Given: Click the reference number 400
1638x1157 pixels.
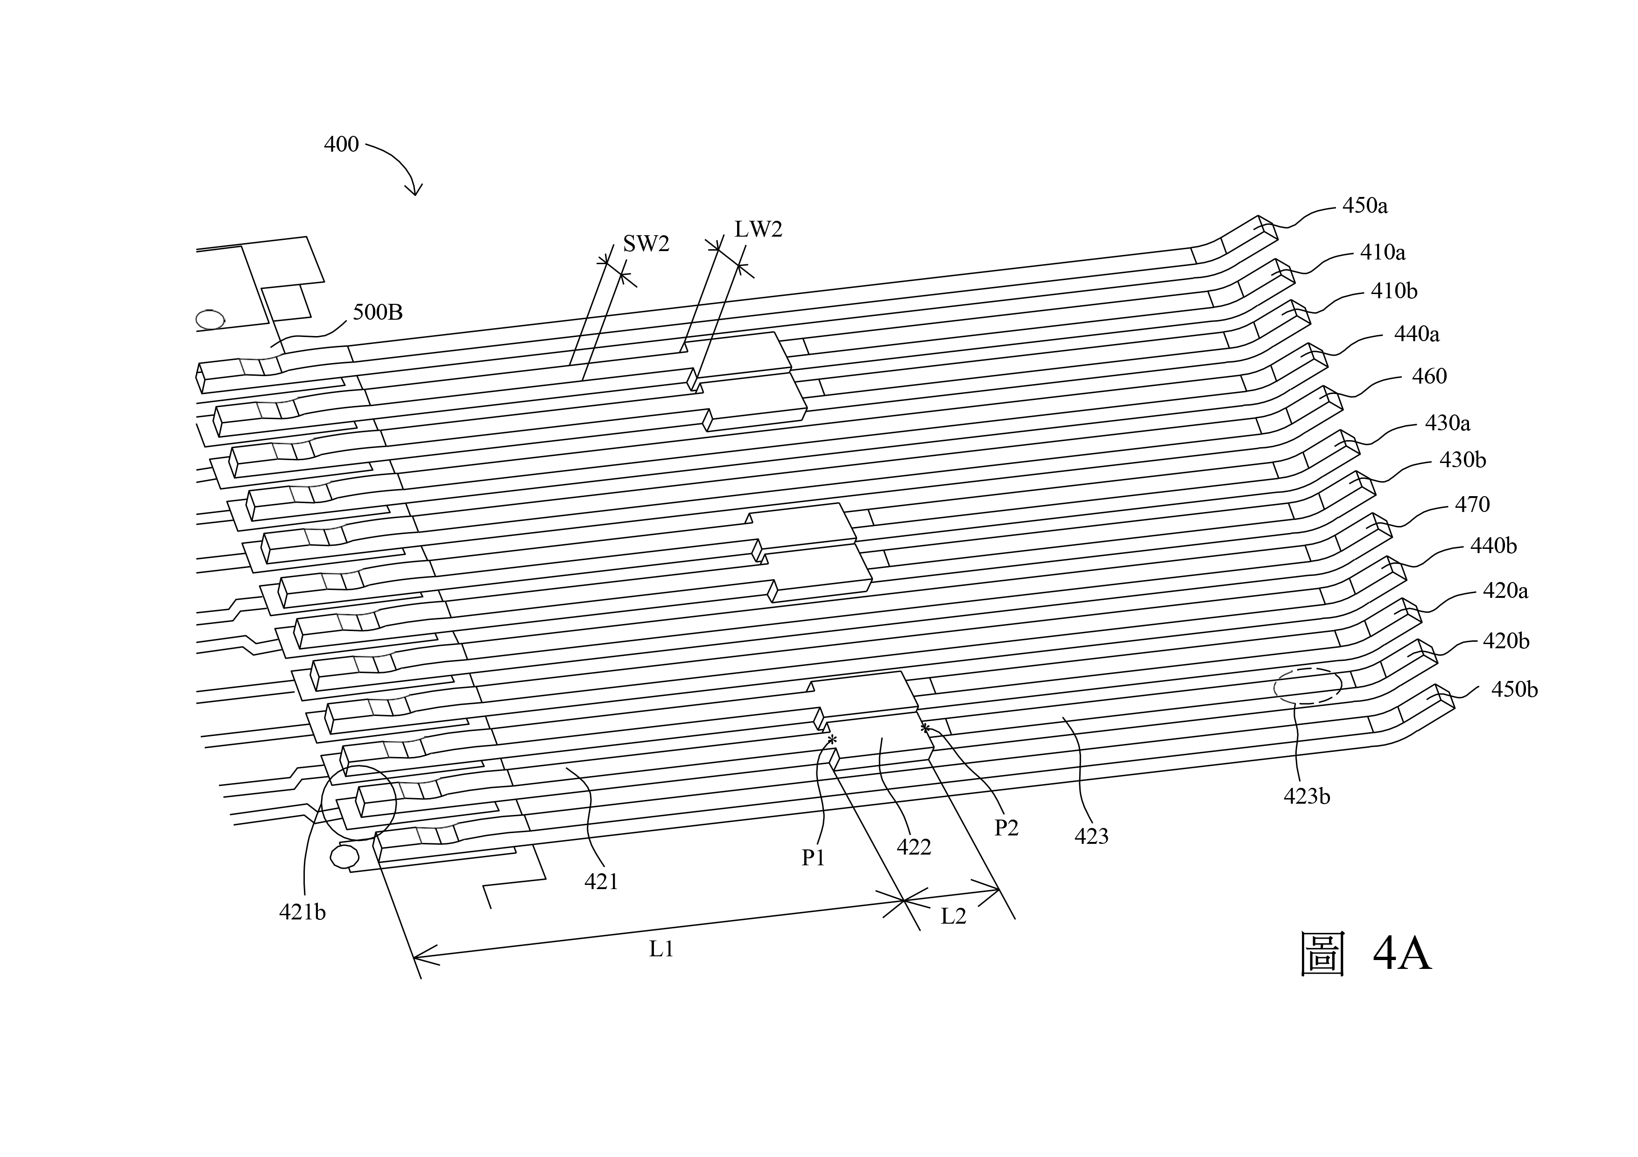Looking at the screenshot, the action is (x=341, y=145).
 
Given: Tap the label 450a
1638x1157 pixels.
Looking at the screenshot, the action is (x=1365, y=206).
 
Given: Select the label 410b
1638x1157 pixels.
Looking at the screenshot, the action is (x=1394, y=291).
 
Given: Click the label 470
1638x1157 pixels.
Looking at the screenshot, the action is (x=1472, y=505).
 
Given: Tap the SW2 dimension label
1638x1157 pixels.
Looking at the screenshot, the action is (x=647, y=244).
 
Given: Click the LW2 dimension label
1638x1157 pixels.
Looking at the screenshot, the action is (x=759, y=229).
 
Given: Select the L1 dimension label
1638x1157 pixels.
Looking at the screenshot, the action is (x=661, y=949).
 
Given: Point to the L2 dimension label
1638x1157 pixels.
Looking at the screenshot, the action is (x=953, y=916).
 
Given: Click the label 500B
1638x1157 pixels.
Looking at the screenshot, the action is (x=378, y=312).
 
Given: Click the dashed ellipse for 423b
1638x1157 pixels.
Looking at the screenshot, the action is (x=1308, y=686).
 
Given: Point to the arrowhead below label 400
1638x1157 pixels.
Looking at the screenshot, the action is (x=414, y=190).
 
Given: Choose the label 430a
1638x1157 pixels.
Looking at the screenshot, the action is (x=1448, y=424).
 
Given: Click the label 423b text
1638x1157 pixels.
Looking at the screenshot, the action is (x=1307, y=797).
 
